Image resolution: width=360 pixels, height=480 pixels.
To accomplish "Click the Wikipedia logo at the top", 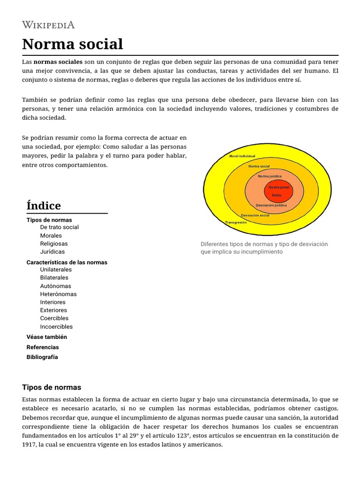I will (48, 25).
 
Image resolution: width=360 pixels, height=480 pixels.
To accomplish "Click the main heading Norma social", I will (73, 44).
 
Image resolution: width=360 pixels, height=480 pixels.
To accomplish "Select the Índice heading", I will (44, 206).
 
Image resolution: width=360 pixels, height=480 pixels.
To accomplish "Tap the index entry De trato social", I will (60, 227).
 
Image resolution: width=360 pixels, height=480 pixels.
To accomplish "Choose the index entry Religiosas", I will (54, 244).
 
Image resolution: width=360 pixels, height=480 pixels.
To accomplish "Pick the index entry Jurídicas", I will (52, 252).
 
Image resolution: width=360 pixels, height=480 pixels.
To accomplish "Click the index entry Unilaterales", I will (56, 270).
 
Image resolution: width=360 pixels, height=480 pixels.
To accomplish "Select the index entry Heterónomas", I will (59, 294).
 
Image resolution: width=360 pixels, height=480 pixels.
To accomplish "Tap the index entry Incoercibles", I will (57, 327).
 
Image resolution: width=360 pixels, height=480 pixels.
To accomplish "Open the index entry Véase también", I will (47, 337).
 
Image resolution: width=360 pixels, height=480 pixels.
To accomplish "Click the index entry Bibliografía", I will (42, 357).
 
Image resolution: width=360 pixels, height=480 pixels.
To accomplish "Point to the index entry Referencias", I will (43, 347).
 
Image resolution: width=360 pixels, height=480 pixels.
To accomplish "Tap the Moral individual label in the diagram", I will (242, 156).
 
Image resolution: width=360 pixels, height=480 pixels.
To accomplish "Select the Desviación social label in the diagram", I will (255, 215).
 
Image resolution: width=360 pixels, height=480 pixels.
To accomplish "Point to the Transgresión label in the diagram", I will (236, 222).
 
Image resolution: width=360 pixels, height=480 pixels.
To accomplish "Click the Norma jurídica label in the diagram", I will (270, 176).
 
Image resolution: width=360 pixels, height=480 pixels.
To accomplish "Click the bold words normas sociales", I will (58, 62).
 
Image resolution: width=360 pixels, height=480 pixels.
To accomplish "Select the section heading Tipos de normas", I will (52, 387).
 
